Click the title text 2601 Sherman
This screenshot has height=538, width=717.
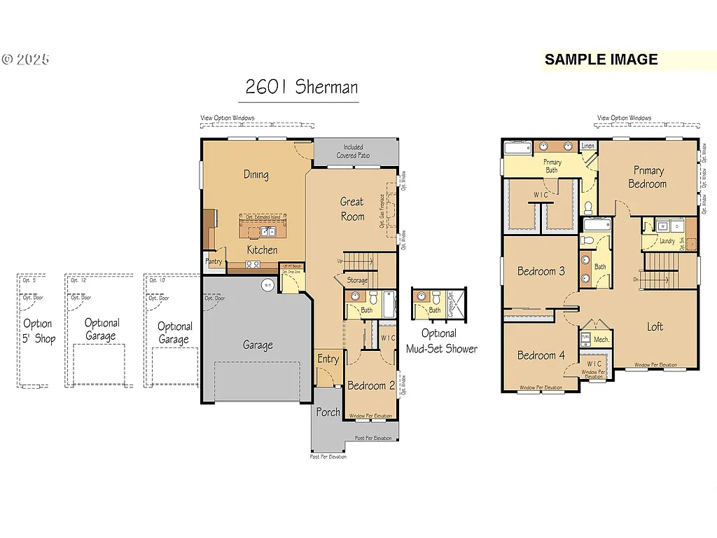(301, 87)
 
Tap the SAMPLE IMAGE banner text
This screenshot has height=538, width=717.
(601, 60)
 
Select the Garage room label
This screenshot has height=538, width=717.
(258, 345)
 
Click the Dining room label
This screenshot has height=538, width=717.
(256, 174)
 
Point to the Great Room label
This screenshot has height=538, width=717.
(352, 209)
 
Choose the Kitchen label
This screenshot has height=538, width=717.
(262, 249)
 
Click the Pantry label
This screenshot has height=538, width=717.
(214, 261)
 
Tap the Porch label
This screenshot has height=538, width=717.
(328, 412)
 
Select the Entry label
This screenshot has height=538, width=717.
(328, 359)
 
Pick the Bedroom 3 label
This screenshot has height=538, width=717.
(541, 271)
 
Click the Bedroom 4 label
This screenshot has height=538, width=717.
(541, 355)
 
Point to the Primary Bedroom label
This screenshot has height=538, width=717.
(648, 177)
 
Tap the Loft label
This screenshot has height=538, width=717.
(655, 326)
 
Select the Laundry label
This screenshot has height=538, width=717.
(667, 241)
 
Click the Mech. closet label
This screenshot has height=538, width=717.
(601, 339)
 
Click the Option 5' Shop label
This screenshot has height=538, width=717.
(38, 331)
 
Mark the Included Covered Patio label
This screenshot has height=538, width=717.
(353, 151)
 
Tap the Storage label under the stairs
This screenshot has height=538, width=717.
(357, 280)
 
